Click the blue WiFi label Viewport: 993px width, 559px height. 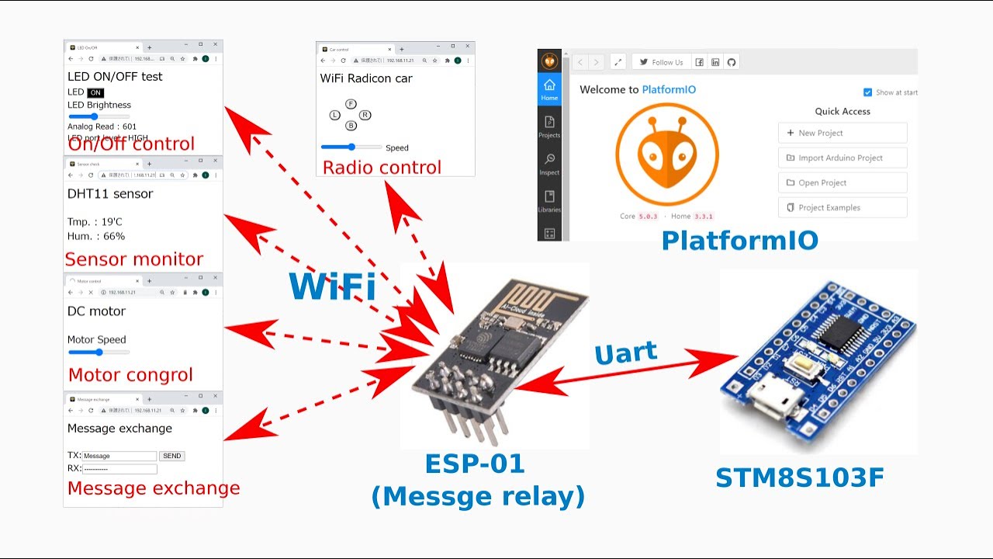pos(332,286)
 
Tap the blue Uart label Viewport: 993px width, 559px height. pos(625,353)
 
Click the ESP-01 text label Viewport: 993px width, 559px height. pos(475,464)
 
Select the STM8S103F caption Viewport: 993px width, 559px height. pos(799,477)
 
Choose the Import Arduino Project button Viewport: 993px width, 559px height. pos(842,158)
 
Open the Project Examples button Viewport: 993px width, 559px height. pos(842,207)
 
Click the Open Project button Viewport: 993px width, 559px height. pos(842,182)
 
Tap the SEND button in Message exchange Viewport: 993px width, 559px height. pos(171,456)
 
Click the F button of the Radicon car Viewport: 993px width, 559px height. pos(351,104)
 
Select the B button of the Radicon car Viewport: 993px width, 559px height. pos(351,126)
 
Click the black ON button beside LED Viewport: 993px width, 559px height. pos(95,92)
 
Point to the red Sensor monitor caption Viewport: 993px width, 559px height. pos(133,259)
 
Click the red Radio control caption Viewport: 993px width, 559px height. pos(382,168)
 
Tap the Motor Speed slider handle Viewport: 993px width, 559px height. pos(99,352)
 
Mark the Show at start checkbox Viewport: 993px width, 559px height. pos(868,92)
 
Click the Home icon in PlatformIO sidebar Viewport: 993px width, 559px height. pos(549,89)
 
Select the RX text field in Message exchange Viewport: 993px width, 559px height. pos(119,469)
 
